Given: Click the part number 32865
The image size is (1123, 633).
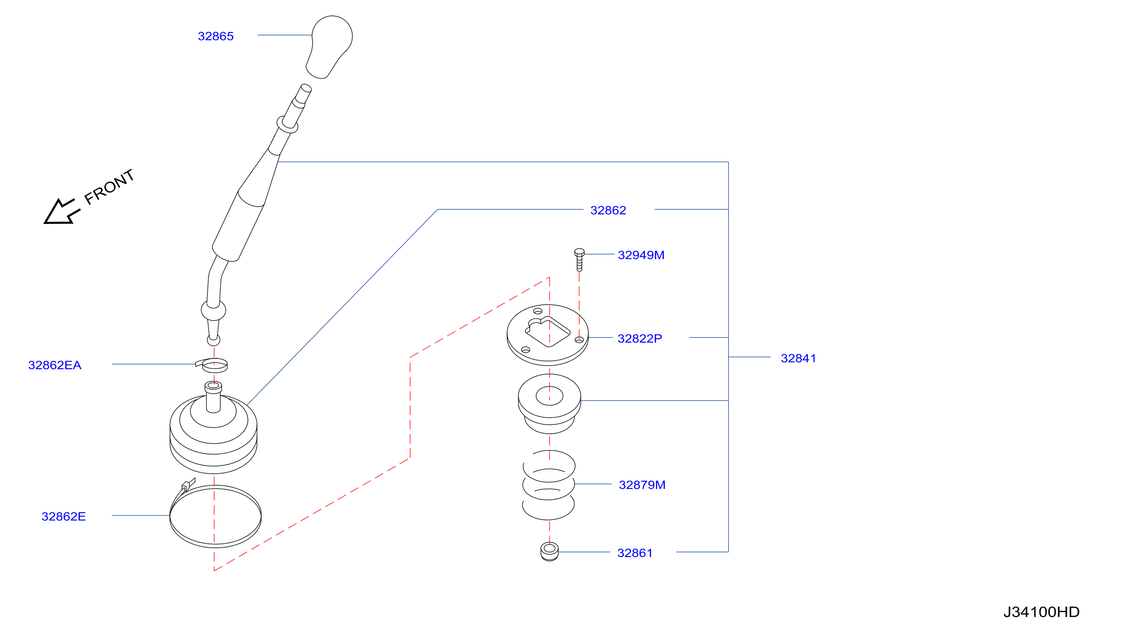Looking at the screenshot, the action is pyautogui.click(x=216, y=36).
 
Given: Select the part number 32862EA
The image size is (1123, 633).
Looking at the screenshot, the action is pyautogui.click(x=55, y=365).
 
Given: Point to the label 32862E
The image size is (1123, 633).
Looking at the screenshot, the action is pyautogui.click(x=64, y=516).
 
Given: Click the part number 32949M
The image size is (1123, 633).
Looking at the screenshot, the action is pyautogui.click(x=641, y=255).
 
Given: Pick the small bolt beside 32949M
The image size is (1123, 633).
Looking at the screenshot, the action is pyautogui.click(x=579, y=260).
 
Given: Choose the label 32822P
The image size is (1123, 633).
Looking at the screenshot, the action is pyautogui.click(x=640, y=339).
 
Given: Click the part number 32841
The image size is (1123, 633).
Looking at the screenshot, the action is pyautogui.click(x=799, y=358).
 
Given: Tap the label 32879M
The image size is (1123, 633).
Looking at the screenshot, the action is pyautogui.click(x=642, y=485).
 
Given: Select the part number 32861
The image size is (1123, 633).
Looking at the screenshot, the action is pyautogui.click(x=635, y=553).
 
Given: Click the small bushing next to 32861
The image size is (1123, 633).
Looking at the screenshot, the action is pyautogui.click(x=549, y=552).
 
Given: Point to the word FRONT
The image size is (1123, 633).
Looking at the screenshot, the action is pyautogui.click(x=109, y=186).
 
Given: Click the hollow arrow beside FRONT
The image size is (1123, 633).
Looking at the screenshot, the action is pyautogui.click(x=62, y=212).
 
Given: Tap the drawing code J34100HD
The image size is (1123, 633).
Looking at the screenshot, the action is pyautogui.click(x=1041, y=612).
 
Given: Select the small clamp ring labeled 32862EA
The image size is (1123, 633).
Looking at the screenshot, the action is pyautogui.click(x=213, y=366).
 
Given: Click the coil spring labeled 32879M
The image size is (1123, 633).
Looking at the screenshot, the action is pyautogui.click(x=548, y=485).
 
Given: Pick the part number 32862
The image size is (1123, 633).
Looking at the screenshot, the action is pyautogui.click(x=608, y=210).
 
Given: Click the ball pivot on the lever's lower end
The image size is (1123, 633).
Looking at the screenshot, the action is pyautogui.click(x=213, y=310).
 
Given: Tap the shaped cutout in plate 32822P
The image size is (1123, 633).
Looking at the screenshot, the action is pyautogui.click(x=548, y=331).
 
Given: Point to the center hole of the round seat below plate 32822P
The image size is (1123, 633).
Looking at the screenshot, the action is pyautogui.click(x=549, y=396).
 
